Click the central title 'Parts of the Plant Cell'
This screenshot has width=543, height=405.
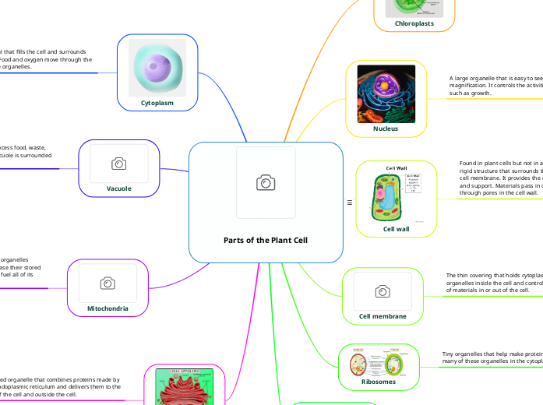[x=266, y=240]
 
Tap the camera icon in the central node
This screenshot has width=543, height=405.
[x=266, y=182]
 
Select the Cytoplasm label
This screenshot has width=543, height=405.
[x=157, y=102]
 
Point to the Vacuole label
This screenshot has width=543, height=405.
[x=118, y=188]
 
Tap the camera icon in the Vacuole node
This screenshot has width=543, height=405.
[x=118, y=164]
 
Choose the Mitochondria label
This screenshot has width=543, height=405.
[x=108, y=308]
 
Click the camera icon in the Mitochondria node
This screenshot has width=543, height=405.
[x=108, y=283]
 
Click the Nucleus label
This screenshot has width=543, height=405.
[x=385, y=129]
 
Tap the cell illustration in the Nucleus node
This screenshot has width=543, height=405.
[x=386, y=93]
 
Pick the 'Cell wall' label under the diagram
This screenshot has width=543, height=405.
[x=397, y=229]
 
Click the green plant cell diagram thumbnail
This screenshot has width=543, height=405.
[x=396, y=195]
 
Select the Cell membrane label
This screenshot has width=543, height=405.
[x=382, y=316]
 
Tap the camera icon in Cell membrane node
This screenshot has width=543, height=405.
[x=382, y=291]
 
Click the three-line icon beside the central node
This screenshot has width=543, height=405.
[x=350, y=203]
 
